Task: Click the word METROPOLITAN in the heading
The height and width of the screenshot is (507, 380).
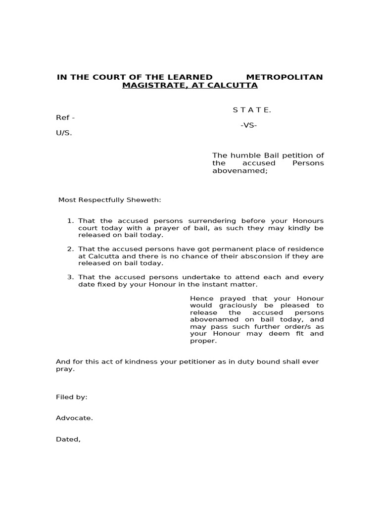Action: (x=285, y=77)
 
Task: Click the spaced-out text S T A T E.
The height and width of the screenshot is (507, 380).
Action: (x=252, y=110)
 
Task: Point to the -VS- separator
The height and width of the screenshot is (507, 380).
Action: (x=249, y=125)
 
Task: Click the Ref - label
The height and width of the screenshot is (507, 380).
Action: (x=65, y=118)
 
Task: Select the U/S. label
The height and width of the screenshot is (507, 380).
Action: (x=64, y=133)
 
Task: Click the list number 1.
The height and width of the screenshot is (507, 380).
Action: (x=70, y=221)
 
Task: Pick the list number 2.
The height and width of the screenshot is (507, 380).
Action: (x=70, y=249)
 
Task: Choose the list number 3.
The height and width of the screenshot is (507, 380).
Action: (x=70, y=277)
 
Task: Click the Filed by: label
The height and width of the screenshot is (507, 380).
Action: (x=72, y=397)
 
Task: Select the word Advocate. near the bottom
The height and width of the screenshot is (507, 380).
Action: (x=74, y=418)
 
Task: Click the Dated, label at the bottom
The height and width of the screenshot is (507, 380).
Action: (x=68, y=439)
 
